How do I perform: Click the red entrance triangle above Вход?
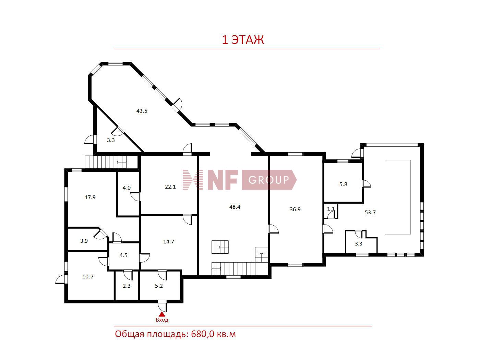click(x=162, y=314)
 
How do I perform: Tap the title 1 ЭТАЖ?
click(x=243, y=40)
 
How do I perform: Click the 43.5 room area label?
click(x=142, y=111)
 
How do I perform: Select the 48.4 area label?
click(x=235, y=207)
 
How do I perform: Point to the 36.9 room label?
click(x=295, y=209)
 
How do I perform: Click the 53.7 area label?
click(x=370, y=212)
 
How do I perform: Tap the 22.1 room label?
click(x=170, y=187)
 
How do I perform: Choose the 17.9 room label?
click(x=90, y=197)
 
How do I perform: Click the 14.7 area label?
click(x=169, y=241)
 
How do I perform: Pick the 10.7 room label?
click(x=88, y=276)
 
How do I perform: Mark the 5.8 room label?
click(x=343, y=184)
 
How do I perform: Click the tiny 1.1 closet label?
click(x=331, y=209)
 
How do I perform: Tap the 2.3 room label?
click(x=127, y=286)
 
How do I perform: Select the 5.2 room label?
click(x=159, y=286)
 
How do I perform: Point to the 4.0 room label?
click(x=127, y=188)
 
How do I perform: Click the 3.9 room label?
click(x=84, y=241)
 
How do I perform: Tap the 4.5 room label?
click(x=123, y=255)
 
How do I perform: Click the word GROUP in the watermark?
click(x=268, y=180)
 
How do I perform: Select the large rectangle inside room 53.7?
click(x=398, y=197)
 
